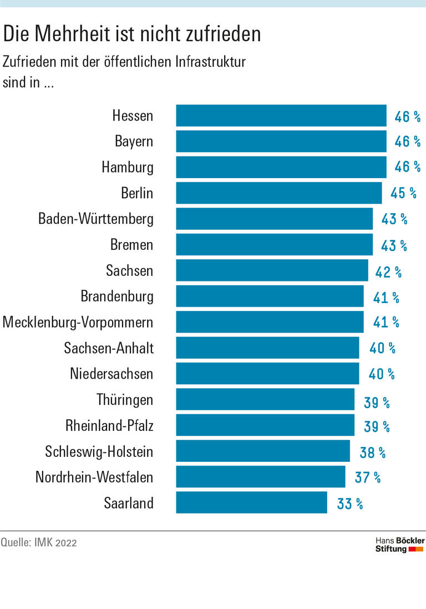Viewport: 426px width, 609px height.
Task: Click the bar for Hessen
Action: point(281,115)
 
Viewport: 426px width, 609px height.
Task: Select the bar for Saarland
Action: point(252,502)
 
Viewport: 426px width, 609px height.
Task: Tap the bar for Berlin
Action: point(279,193)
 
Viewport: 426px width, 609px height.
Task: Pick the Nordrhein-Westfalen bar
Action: point(261,477)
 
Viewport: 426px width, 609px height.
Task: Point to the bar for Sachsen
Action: point(272,270)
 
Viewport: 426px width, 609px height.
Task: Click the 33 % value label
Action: point(350,504)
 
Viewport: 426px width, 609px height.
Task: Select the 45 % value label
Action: point(403,193)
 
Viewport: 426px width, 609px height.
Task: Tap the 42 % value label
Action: point(389,272)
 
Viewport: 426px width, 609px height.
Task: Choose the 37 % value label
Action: point(368,477)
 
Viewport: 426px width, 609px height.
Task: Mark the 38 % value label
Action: point(373,452)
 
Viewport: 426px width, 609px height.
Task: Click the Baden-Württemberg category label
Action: point(96,219)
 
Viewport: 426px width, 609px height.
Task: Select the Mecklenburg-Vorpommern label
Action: point(78,322)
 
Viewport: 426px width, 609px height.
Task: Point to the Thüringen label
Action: point(125,400)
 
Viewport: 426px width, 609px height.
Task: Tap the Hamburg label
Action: point(128,167)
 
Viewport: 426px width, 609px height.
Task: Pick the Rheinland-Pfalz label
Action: point(109,426)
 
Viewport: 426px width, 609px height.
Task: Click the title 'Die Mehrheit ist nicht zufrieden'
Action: point(132,34)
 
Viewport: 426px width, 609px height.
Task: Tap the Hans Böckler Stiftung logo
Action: point(399,545)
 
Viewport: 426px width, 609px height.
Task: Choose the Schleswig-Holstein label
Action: point(99,452)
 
